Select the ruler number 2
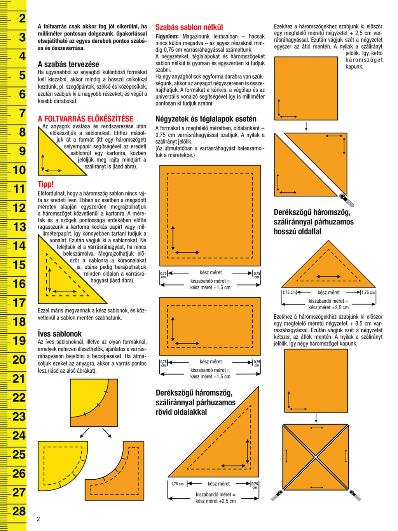click(22, 18)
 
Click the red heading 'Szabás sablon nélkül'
click(189, 27)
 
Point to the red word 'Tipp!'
click(45, 184)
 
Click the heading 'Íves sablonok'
click(59, 334)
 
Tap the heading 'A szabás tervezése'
click(68, 64)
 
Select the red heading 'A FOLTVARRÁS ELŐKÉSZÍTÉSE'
click(85, 119)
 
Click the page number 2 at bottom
click(38, 519)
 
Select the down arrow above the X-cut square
click(316, 418)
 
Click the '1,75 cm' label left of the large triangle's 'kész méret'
click(177, 484)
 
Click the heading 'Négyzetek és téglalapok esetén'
click(206, 119)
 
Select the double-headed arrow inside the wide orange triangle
click(328, 277)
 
